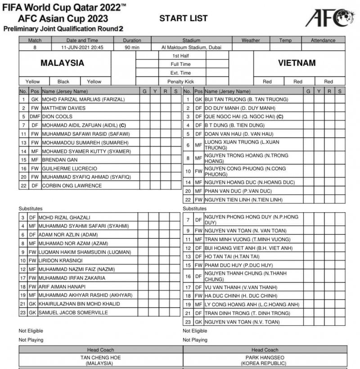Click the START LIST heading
183,18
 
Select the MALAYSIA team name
62,63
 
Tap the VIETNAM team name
297,63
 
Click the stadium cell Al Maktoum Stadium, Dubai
191,47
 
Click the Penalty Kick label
180,82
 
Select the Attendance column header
323,40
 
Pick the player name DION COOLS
54,116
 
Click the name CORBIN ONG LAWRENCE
72,185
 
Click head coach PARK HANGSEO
265,357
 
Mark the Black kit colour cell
63,82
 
